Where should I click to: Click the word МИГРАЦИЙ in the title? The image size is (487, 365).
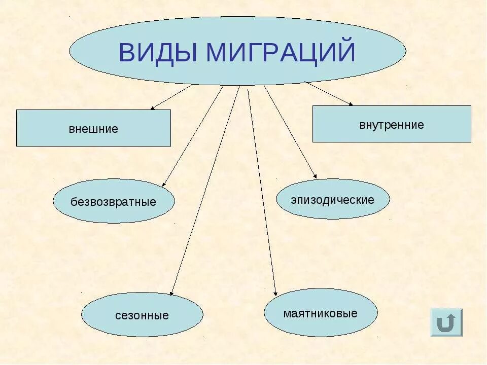pyautogui.click(x=281, y=53)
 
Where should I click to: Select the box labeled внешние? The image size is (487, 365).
pyautogui.click(x=93, y=128)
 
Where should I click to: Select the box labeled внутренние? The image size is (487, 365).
pyautogui.click(x=391, y=124)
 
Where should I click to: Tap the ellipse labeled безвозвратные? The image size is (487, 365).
pyautogui.click(x=114, y=201)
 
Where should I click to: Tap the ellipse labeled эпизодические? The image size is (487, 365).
pyautogui.click(x=333, y=199)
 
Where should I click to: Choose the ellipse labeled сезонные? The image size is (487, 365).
pyautogui.click(x=142, y=315)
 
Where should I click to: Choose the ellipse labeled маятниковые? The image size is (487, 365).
pyautogui.click(x=321, y=313)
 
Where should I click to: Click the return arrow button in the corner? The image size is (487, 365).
pyautogui.click(x=446, y=322)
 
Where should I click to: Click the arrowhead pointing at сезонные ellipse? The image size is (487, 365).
pyautogui.click(x=172, y=293)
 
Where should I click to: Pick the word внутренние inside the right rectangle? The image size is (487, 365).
pyautogui.click(x=391, y=125)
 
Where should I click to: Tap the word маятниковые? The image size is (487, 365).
pyautogui.click(x=321, y=313)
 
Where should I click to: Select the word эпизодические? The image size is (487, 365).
pyautogui.click(x=333, y=200)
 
